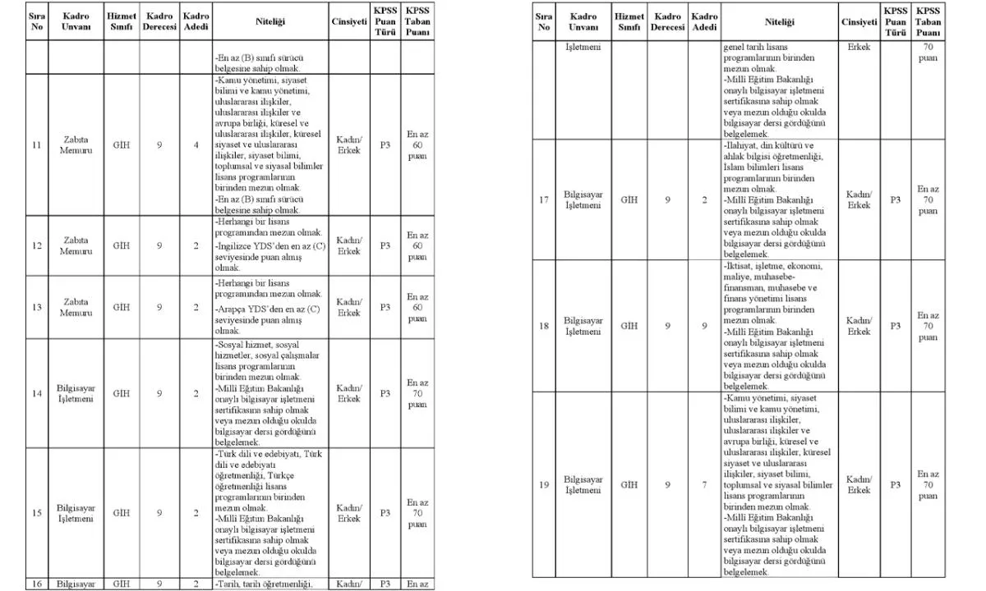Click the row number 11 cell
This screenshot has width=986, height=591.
coord(36,145)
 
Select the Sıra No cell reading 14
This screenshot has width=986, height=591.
coord(36,393)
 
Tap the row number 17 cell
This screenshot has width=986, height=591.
coord(543,199)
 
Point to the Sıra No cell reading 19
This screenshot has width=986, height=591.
coord(543,484)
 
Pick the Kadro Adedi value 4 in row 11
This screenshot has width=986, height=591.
coord(196,145)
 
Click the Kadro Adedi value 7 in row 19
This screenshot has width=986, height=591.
coord(704,484)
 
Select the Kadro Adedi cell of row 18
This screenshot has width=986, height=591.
coord(704,326)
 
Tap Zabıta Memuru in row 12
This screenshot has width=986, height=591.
coord(76,245)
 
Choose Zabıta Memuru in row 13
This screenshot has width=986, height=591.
coord(76,307)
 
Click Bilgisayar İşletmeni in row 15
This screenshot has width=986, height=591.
coord(76,513)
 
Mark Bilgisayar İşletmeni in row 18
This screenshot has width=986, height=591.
coord(583,326)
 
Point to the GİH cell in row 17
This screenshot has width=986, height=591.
coord(629,199)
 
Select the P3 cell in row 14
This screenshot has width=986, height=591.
coord(385,393)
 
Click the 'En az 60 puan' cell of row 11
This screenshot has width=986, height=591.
coord(417,145)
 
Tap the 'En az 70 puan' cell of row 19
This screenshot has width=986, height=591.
coord(928,484)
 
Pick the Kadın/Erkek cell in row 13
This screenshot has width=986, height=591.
coord(349,307)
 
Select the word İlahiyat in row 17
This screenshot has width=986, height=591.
coord(743,145)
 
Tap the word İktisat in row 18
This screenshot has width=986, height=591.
coord(741,266)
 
